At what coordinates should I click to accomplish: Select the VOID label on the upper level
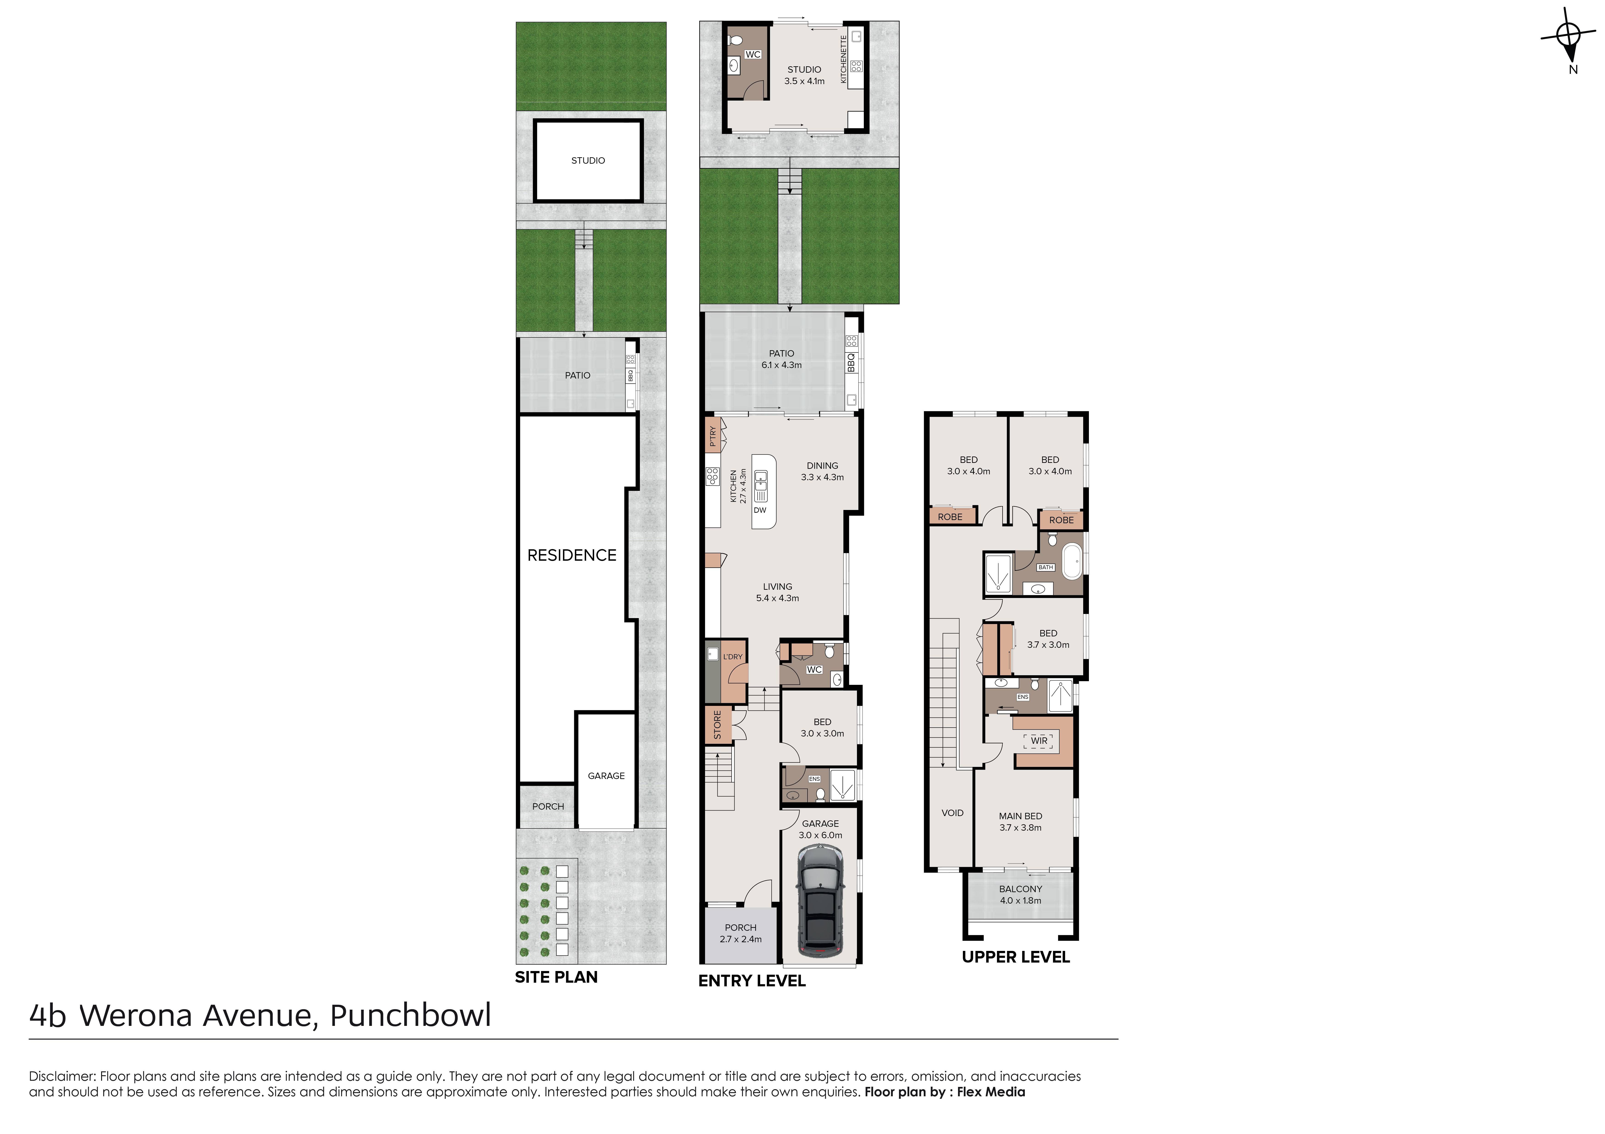click(x=952, y=813)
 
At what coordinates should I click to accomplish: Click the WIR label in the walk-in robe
click(x=1039, y=741)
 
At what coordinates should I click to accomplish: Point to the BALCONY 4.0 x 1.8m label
click(x=1021, y=894)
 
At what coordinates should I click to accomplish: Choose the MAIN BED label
click(x=1021, y=816)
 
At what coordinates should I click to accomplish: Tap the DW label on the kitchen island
click(x=760, y=510)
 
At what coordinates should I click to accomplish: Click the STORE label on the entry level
click(x=717, y=725)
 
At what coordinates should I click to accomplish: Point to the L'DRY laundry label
click(x=732, y=657)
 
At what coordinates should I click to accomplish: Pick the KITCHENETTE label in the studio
click(x=844, y=59)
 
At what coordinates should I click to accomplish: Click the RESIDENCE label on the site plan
click(x=572, y=555)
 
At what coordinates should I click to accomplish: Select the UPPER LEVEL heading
click(x=1016, y=957)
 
